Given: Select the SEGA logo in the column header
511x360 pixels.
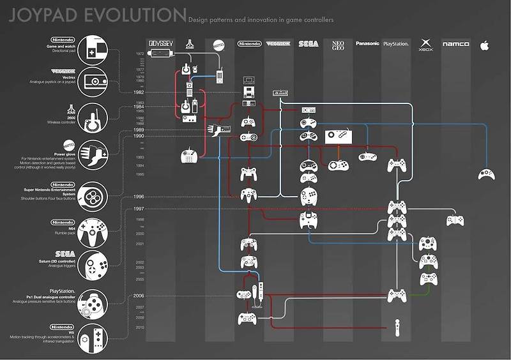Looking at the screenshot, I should [x=309, y=44].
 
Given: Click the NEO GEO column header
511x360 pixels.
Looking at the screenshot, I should [x=338, y=45].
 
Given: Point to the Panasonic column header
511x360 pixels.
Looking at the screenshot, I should [x=367, y=44].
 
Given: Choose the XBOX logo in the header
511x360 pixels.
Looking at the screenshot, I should [x=425, y=45].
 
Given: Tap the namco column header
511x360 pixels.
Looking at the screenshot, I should [x=455, y=44].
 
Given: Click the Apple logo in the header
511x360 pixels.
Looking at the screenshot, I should [x=484, y=44].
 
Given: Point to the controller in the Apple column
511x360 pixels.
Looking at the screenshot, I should [x=486, y=173].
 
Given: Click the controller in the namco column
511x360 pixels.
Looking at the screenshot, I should [x=455, y=220].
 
